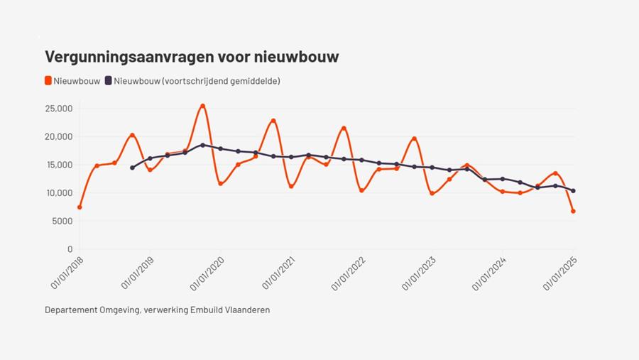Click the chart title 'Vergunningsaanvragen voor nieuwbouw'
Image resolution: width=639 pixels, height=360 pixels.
[192, 57]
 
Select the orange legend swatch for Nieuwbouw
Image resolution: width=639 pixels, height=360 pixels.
[48, 81]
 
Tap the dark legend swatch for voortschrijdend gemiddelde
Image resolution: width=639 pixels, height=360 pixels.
[108, 81]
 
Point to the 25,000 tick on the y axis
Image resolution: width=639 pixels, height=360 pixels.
[58, 109]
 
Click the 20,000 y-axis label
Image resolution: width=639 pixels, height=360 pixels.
[58, 136]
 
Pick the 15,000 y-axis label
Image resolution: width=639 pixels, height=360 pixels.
[58, 165]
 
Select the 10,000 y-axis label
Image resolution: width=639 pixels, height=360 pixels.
[58, 193]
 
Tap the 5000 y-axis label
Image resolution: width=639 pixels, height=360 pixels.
[61, 221]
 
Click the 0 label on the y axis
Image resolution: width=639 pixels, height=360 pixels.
[70, 249]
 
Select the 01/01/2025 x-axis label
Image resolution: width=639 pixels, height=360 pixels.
[559, 274]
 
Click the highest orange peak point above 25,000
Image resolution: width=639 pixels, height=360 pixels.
[202, 106]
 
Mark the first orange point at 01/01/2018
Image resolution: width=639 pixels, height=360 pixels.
[80, 207]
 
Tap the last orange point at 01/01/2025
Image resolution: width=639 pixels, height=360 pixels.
[573, 211]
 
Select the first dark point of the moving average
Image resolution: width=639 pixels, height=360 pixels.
[132, 168]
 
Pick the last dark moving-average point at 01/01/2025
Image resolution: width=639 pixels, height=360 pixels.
[573, 190]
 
